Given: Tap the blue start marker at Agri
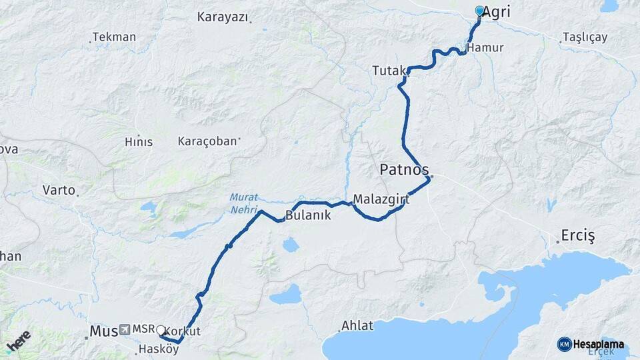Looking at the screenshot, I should click(x=479, y=11).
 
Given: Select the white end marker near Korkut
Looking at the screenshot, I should click(x=160, y=329).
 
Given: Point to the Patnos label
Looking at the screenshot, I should click(x=404, y=169).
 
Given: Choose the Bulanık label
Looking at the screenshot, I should click(x=308, y=216).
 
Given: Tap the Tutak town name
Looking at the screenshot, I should click(x=387, y=69).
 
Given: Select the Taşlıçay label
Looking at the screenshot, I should click(x=585, y=37).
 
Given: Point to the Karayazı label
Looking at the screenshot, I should click(x=222, y=17).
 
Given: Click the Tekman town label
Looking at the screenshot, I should click(x=114, y=37).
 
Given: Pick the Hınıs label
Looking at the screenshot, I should click(x=139, y=142).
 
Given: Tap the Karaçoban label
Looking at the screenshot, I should click(x=207, y=141).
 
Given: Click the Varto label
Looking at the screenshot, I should click(x=59, y=190).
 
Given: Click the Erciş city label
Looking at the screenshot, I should click(x=577, y=237).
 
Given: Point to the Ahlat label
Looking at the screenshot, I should click(x=357, y=326).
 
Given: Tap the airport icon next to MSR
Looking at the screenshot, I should click(x=125, y=330).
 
